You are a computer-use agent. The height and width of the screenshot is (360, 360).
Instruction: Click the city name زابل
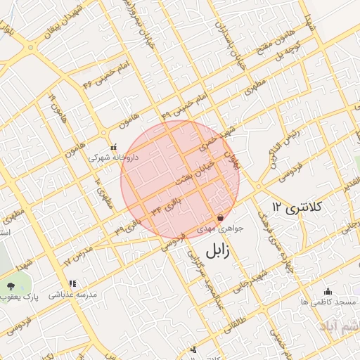(220, 250)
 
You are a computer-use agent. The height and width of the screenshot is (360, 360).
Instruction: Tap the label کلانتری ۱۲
(297, 207)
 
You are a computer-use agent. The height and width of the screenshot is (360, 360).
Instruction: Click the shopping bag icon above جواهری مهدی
(221, 218)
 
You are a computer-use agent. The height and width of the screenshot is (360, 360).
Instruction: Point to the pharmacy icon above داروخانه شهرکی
(113, 148)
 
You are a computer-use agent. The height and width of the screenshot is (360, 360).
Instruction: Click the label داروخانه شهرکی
(113, 158)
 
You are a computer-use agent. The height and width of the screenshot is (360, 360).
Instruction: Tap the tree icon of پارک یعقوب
(11, 285)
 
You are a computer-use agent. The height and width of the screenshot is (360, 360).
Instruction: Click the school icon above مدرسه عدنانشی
(73, 284)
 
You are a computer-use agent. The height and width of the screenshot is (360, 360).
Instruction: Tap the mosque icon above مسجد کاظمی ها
(327, 291)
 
